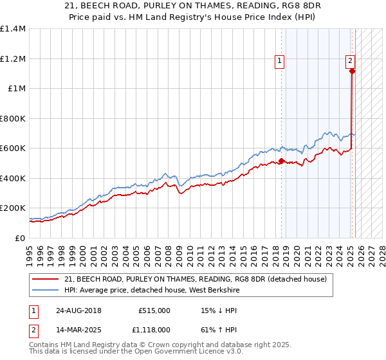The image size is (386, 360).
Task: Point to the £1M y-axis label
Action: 17,89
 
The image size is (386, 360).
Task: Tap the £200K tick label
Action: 13,208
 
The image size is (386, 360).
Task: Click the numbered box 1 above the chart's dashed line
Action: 280,62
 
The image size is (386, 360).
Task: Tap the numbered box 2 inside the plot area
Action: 350,62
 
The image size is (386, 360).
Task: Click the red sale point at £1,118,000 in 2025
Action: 352,71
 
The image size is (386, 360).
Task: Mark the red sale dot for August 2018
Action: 282,161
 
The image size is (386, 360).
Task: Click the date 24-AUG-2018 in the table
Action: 78,310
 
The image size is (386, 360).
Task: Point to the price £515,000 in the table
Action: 154,310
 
